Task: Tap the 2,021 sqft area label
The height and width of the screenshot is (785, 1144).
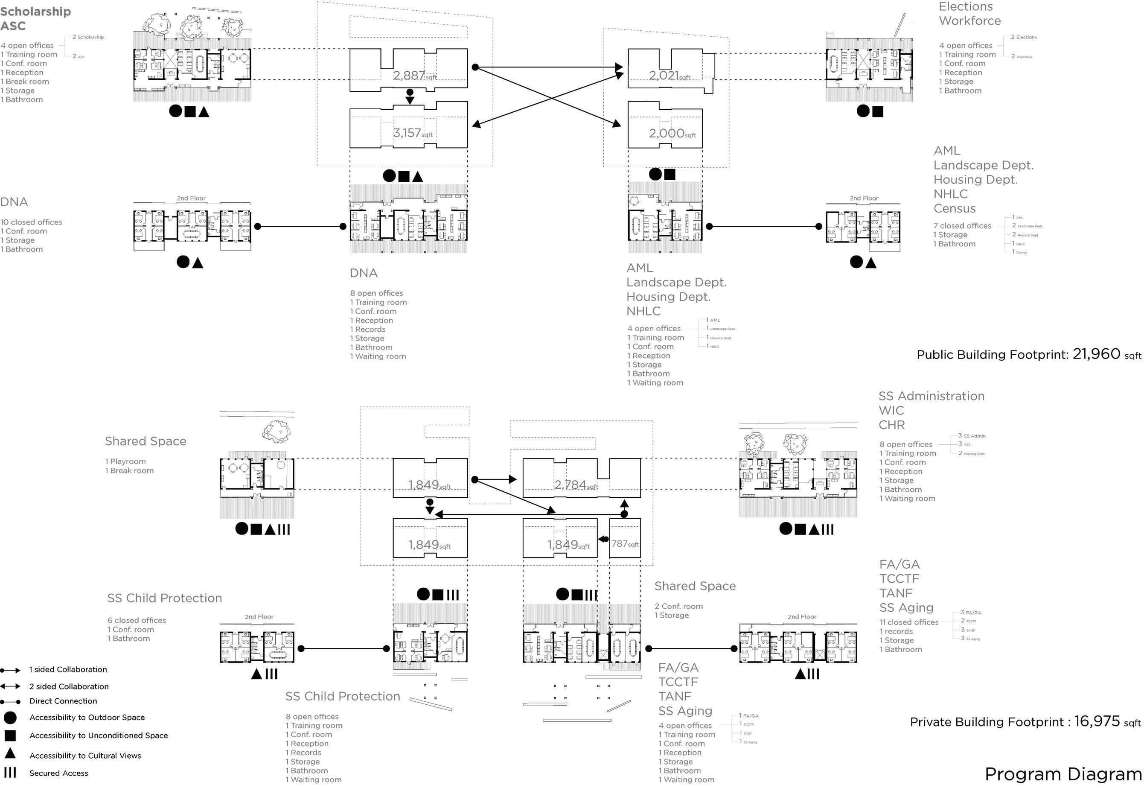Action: point(669,76)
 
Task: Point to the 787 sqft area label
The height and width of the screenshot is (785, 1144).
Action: point(625,544)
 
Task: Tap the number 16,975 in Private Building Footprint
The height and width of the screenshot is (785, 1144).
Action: point(1097,721)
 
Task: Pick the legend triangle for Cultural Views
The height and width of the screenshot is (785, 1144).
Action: point(10,753)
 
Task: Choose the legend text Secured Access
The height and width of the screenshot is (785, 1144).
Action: point(58,773)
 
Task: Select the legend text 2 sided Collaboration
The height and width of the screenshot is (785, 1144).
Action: point(69,686)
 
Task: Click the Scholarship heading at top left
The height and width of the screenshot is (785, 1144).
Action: point(35,12)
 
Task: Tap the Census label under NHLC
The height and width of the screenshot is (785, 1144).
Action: point(955,208)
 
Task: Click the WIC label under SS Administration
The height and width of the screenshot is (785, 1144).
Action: point(891,410)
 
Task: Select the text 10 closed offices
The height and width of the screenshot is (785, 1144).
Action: point(31,222)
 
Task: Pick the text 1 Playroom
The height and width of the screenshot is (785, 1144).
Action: point(125,461)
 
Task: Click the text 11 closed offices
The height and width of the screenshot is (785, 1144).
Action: point(909,622)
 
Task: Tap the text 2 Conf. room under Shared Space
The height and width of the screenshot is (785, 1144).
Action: point(678,606)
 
